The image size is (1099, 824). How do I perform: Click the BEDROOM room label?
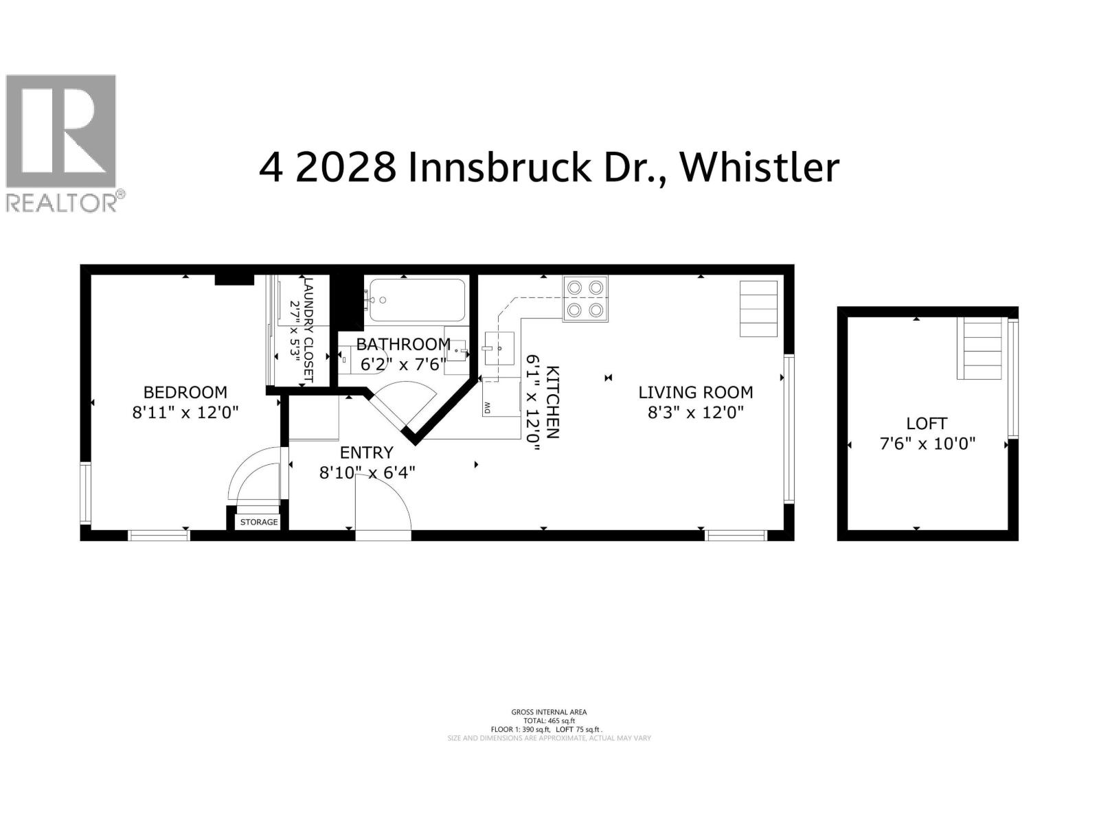pyautogui.click(x=185, y=392)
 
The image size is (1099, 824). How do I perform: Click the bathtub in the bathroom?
pyautogui.click(x=416, y=300)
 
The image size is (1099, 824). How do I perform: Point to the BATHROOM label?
pyautogui.click(x=403, y=344)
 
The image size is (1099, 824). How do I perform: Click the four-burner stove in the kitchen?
pyautogui.click(x=585, y=299)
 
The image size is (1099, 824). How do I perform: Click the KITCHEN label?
pyautogui.click(x=552, y=402)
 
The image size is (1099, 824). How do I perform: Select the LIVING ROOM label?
pyautogui.click(x=695, y=392)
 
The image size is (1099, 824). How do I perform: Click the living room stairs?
pyautogui.click(x=758, y=308)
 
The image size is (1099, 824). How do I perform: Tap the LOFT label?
pyautogui.click(x=927, y=424)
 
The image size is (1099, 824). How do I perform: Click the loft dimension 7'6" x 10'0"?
pyautogui.click(x=927, y=444)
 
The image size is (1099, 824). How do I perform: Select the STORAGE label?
pyautogui.click(x=259, y=522)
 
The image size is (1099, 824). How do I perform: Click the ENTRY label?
pyautogui.click(x=367, y=453)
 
